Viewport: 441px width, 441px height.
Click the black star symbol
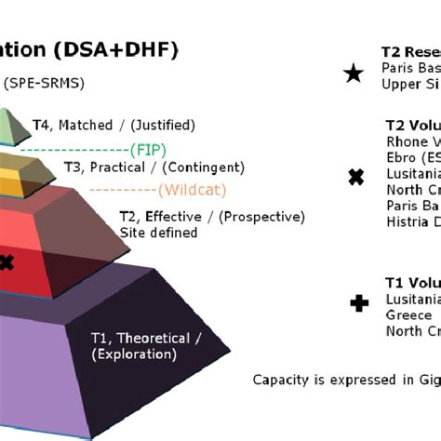pos(354,73)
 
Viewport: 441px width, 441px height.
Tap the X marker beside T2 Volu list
pos(354,177)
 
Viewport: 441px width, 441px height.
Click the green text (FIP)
pos(149,148)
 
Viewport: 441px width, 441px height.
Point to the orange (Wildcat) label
pos(191,191)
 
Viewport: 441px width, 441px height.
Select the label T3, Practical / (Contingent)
pos(154,167)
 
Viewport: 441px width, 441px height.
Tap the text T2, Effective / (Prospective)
pos(211,217)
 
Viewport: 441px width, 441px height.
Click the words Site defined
pos(157,233)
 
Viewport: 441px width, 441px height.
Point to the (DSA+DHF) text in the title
pos(125,49)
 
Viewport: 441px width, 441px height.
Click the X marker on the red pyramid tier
pos(7,263)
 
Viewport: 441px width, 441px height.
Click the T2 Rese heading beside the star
pos(410,52)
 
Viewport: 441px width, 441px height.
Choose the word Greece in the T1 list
pos(408,314)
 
